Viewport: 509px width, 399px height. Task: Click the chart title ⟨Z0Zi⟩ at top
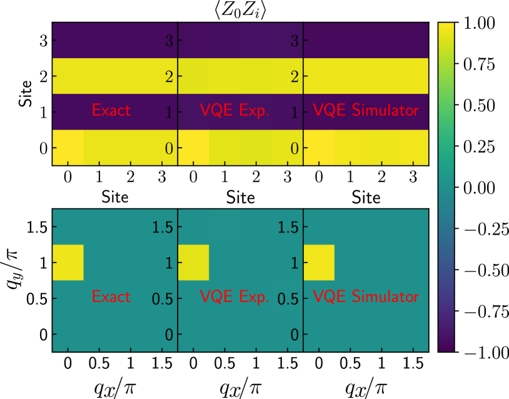click(x=240, y=10)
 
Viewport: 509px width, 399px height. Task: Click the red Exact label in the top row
click(x=111, y=111)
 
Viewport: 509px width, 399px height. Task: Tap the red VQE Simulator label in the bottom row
click(x=366, y=295)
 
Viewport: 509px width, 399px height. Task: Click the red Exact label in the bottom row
click(x=111, y=295)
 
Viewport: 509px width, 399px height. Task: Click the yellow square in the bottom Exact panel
click(x=68, y=263)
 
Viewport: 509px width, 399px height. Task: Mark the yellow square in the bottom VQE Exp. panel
click(x=193, y=263)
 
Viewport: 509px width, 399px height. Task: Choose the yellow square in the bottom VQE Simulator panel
click(x=319, y=263)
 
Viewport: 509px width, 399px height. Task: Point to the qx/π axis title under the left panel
click(x=115, y=386)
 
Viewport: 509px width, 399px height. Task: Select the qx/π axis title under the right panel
click(x=366, y=386)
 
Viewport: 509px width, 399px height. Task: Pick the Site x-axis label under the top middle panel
click(x=240, y=198)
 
